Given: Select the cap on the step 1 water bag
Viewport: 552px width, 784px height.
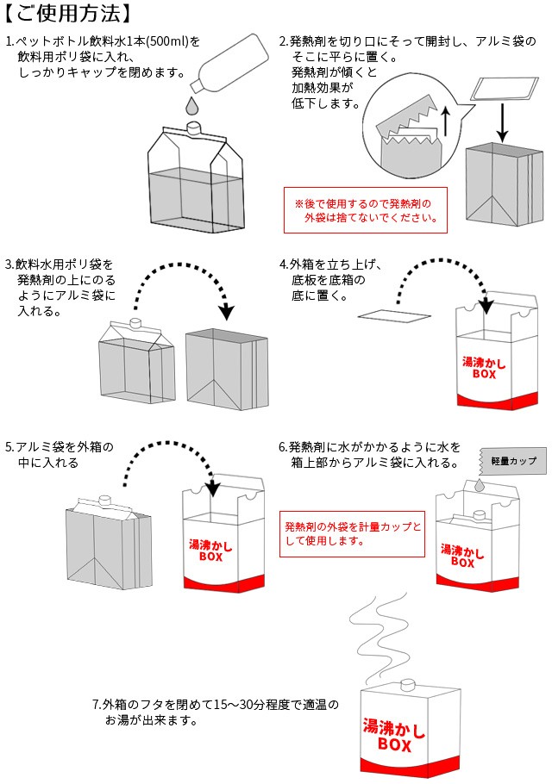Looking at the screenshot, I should coord(194,127).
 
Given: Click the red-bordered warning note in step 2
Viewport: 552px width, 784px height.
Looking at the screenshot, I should coord(365,211).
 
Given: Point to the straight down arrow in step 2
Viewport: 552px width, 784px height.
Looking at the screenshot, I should coord(502,121).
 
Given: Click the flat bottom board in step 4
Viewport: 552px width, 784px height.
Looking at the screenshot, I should coord(392,316).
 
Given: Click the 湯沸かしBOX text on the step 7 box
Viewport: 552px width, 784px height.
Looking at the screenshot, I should coord(394,733).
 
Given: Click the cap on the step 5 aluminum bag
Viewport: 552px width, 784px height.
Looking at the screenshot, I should coord(104,499).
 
